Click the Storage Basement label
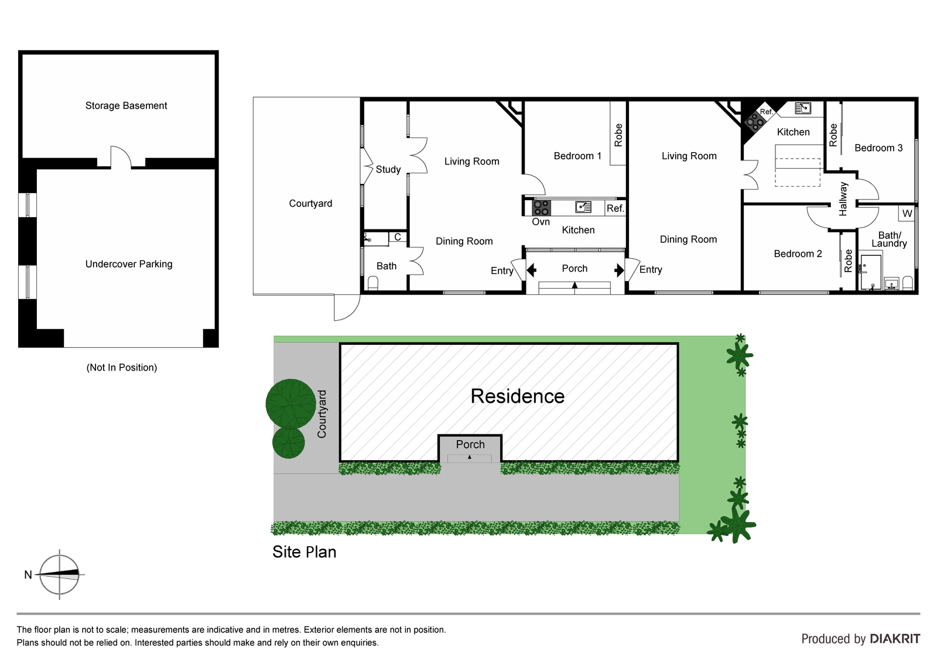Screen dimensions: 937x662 pos(126,106)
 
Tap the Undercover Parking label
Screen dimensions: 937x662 pos(129,265)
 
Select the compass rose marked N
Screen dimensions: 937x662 pos(59,575)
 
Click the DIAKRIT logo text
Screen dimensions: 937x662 pos(895,639)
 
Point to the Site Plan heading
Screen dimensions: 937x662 pos(304,552)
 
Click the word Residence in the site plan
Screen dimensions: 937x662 pos(518,396)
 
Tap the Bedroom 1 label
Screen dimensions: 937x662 pos(577,156)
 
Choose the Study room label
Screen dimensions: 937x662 pos(388,169)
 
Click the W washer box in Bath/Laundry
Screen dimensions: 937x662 pos(907,214)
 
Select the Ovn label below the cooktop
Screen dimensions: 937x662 pos(541,222)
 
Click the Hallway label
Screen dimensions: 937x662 pos(843,199)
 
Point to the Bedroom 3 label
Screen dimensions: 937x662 pos(878,148)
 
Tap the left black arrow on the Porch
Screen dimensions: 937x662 pos(531,270)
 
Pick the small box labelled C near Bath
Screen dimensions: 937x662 pos(398,237)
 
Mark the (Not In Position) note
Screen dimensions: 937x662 pos(122,368)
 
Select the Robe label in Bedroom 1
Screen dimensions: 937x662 pos(618,135)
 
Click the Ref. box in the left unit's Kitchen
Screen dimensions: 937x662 pos(615,208)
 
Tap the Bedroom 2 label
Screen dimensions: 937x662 pos(798,254)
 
